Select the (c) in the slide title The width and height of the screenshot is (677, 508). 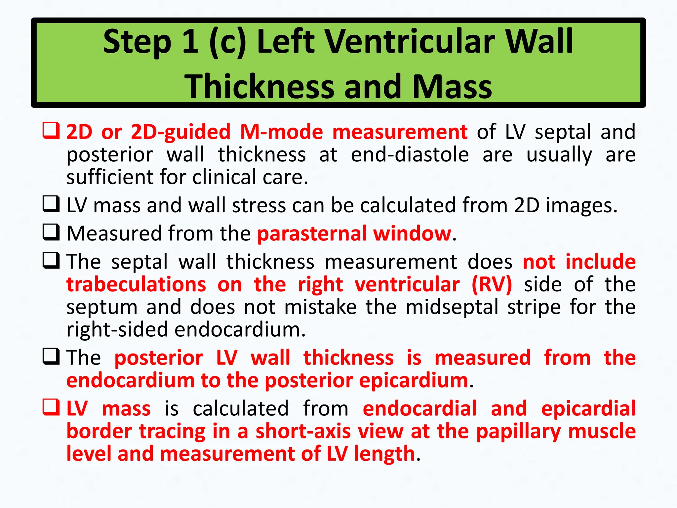click(x=228, y=42)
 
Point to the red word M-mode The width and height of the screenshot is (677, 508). click(x=281, y=132)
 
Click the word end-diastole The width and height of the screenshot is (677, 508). click(x=410, y=154)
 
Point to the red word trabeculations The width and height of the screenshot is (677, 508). click(x=136, y=284)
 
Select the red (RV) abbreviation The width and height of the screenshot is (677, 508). click(x=492, y=284)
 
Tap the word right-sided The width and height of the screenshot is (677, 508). click(x=117, y=330)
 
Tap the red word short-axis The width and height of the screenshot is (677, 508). click(x=303, y=431)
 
